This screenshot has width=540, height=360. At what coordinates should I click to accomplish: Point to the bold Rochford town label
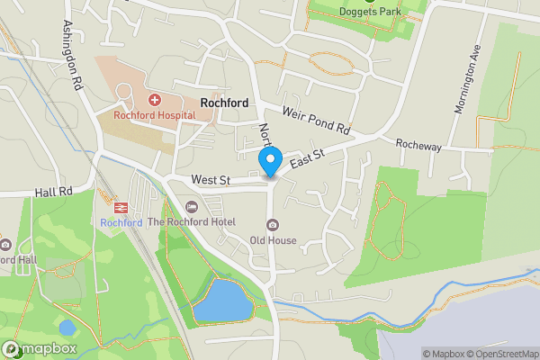pos(224,103)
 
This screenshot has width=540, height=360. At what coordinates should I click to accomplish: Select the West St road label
pos(211,180)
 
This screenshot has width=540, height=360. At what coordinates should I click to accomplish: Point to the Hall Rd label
pos(54,192)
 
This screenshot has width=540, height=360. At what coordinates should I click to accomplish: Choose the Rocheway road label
pos(418,144)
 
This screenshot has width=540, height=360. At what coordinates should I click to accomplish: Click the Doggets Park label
pos(369,12)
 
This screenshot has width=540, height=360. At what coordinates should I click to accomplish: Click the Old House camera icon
pos(271,225)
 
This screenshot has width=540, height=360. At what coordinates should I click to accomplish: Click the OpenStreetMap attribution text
pos(500,354)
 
